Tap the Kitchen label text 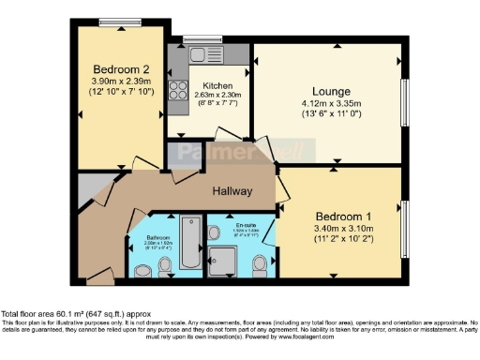[x=203, y=85]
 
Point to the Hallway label [x=232, y=190]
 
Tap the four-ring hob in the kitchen [x=176, y=91]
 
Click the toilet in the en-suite [x=260, y=268]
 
